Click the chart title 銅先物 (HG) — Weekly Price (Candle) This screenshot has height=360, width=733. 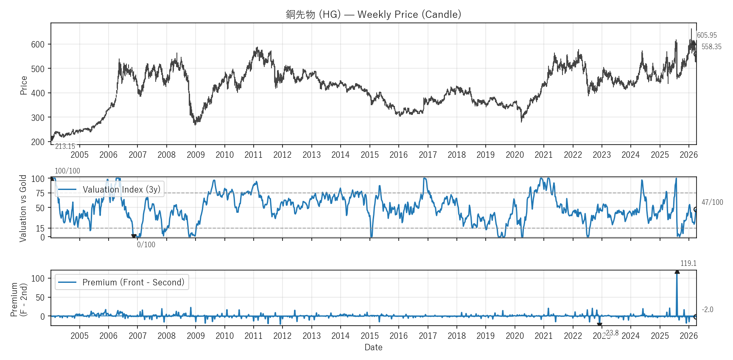[373, 14]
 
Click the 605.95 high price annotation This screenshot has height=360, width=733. [707, 35]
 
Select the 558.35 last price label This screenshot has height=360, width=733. [711, 47]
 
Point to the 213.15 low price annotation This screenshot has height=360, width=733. [65, 146]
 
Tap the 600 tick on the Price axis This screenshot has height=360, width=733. [38, 44]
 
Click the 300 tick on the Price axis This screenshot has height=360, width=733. [38, 117]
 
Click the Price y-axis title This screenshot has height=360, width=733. [24, 85]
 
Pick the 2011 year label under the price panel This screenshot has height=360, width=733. [253, 155]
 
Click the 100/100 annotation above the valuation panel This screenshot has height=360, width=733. [67, 171]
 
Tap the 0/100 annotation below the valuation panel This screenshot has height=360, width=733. [146, 245]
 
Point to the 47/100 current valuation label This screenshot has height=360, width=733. [712, 202]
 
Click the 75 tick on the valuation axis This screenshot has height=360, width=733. [40, 193]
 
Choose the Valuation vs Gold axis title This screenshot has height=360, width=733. [23, 208]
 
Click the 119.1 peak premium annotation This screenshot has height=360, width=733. [688, 263]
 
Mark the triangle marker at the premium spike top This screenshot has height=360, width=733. [677, 272]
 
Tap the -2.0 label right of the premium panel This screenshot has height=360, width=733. [707, 310]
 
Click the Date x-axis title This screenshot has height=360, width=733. [373, 347]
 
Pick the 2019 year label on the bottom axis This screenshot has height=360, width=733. [485, 336]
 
